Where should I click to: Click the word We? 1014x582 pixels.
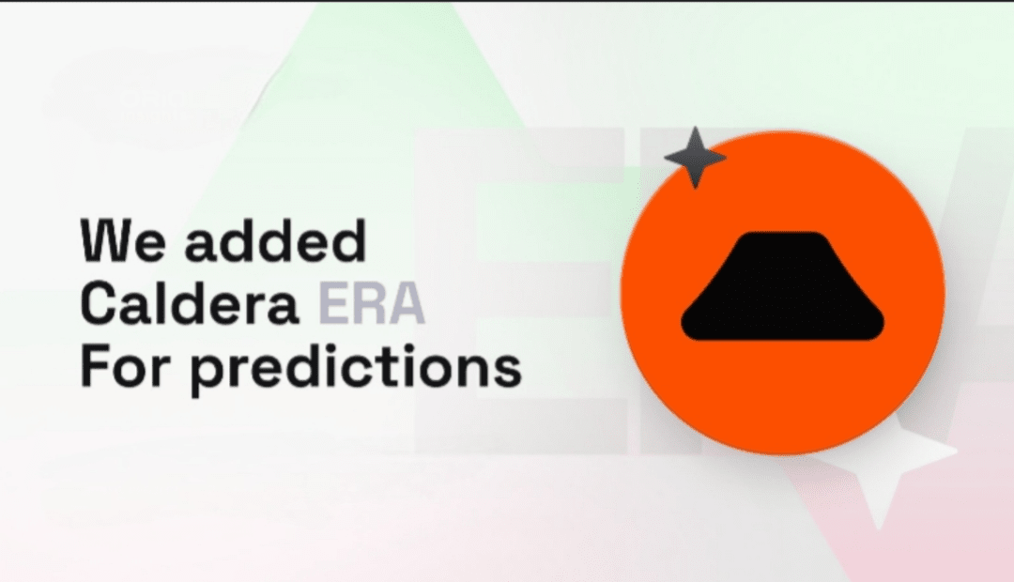click(122, 240)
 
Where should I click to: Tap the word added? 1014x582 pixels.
click(275, 240)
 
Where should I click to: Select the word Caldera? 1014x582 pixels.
click(190, 302)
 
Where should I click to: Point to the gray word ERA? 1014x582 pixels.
click(372, 302)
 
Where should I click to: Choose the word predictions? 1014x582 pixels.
click(356, 369)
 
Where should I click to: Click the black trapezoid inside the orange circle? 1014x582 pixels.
click(782, 285)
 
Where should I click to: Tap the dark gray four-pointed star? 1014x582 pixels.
click(695, 158)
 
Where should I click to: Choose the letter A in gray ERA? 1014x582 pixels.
click(407, 303)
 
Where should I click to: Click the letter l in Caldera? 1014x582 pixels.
click(168, 302)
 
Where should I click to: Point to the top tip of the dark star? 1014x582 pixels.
click(695, 127)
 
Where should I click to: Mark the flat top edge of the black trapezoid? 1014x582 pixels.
click(782, 233)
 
